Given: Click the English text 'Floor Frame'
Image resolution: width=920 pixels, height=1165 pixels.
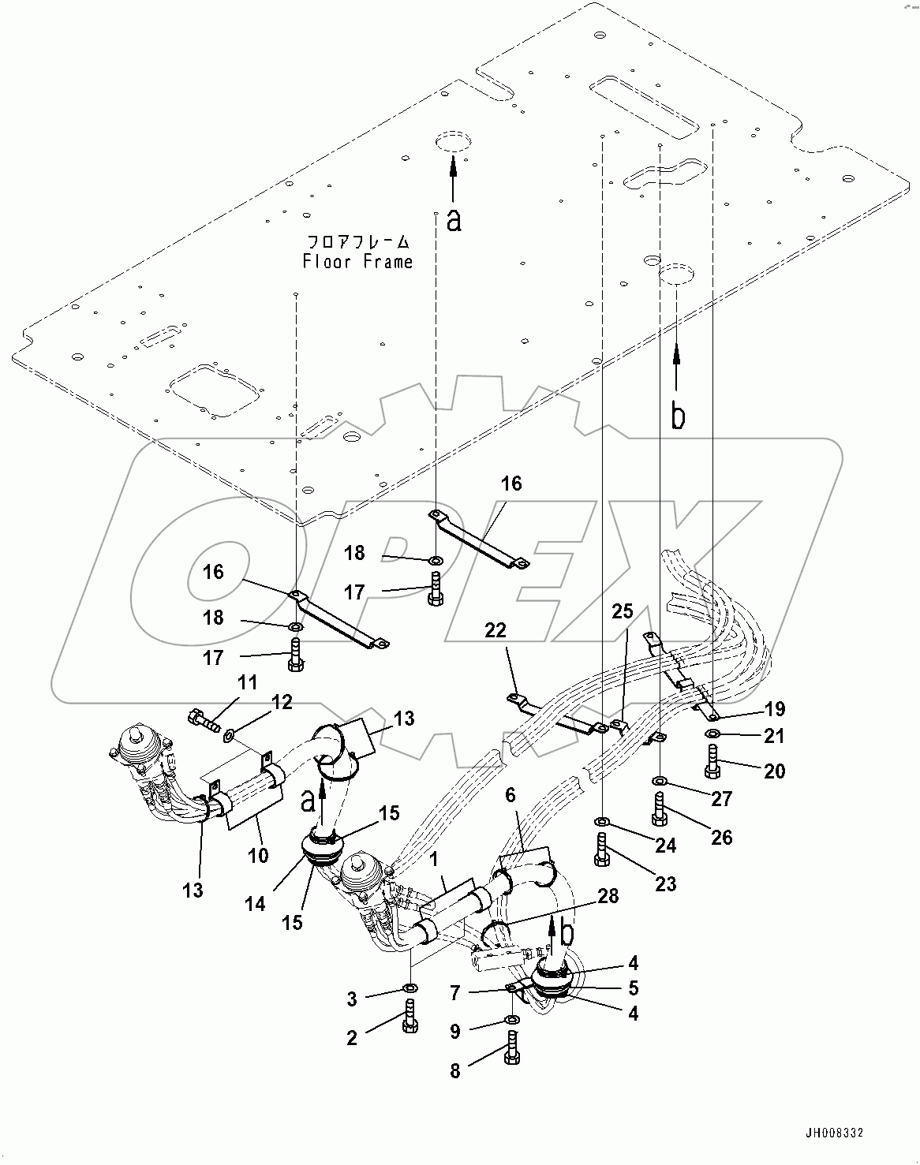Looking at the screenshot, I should pos(357,261).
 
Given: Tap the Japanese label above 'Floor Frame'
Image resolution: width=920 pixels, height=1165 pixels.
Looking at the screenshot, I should pos(357,241).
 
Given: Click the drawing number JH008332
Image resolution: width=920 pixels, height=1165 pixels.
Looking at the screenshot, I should pos(834,1133).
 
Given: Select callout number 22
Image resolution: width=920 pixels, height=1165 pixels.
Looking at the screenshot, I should pos(496,630).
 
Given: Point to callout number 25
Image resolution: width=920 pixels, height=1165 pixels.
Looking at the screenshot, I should pos(623,611).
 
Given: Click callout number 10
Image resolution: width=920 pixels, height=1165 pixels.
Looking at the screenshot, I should pos(258,855).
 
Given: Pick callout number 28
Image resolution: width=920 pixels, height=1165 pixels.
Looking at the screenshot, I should pos(608,896).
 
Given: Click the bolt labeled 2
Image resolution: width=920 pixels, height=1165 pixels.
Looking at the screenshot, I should pos(409,1013).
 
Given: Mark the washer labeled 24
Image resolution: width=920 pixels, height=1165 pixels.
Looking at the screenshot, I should pos(604,821).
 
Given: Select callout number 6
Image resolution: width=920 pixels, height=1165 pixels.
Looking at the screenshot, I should pos(510,795).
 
